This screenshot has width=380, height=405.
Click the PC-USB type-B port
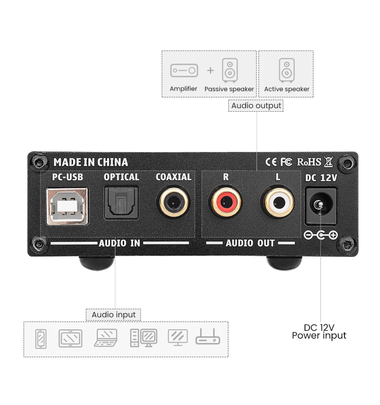(67, 207)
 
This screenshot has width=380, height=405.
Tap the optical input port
(121, 203)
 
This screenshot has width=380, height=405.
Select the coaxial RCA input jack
(174, 202)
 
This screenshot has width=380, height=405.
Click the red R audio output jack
(226, 202)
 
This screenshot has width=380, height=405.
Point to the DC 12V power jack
(321, 206)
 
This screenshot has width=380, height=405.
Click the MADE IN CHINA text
(91, 162)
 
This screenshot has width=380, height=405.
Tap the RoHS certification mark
(309, 162)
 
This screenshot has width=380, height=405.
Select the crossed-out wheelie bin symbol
(329, 162)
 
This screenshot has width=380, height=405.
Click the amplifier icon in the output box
(184, 70)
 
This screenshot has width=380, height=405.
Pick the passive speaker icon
(230, 70)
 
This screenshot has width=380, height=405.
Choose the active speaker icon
(287, 70)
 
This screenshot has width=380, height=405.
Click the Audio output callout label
(256, 106)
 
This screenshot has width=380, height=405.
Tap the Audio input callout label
(113, 315)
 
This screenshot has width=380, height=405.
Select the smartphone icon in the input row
(41, 339)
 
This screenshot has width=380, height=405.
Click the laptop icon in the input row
(106, 338)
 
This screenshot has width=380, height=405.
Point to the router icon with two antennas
(208, 336)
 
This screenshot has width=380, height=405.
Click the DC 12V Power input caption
(319, 331)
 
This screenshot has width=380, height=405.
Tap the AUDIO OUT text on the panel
(250, 243)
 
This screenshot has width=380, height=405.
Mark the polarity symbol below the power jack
(321, 235)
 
